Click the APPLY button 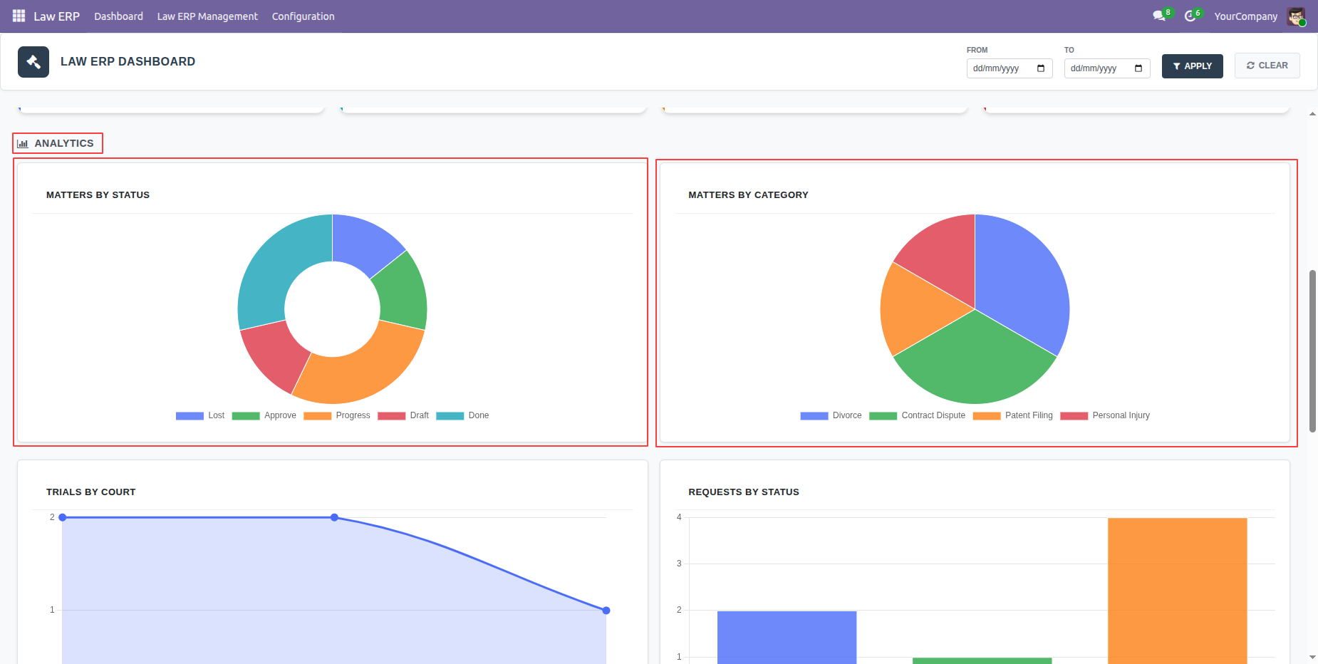tap(1192, 66)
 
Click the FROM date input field tap(1009, 68)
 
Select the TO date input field tap(1106, 68)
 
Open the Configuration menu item tap(303, 16)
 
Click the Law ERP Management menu tap(207, 16)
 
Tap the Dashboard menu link tap(118, 16)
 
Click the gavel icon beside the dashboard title tap(33, 62)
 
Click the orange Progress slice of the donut tap(363, 370)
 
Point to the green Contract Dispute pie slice tap(975, 363)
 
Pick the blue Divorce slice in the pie tap(1026, 278)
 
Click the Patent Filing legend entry tap(1012, 415)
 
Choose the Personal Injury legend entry tap(1105, 415)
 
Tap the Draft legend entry tap(403, 415)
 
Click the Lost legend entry tap(200, 415)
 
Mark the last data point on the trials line tap(606, 611)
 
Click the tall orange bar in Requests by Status tap(1177, 591)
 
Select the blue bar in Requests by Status tap(787, 638)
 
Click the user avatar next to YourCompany tap(1296, 16)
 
